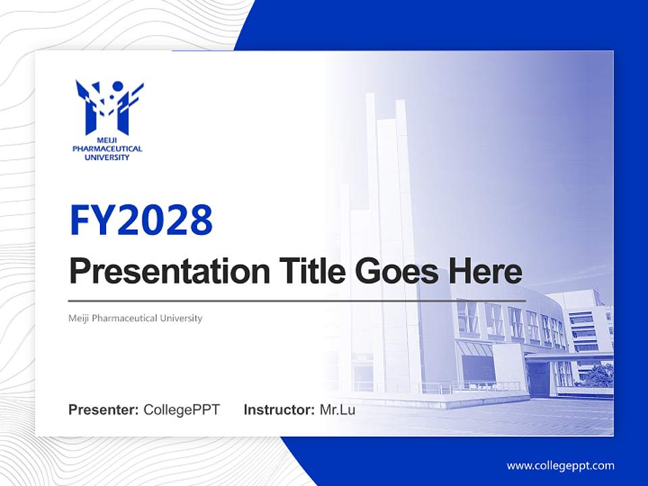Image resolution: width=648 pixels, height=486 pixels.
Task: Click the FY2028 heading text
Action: pyautogui.click(x=141, y=219)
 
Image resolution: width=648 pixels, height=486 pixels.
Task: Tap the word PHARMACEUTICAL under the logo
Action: pyautogui.click(x=107, y=149)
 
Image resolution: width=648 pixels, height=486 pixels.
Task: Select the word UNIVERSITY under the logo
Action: pyautogui.click(x=107, y=157)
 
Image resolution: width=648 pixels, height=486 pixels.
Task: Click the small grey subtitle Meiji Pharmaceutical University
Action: pyautogui.click(x=135, y=318)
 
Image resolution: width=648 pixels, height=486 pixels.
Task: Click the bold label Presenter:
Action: pyautogui.click(x=104, y=410)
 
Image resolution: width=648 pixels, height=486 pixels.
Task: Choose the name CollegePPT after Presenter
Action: pyautogui.click(x=182, y=410)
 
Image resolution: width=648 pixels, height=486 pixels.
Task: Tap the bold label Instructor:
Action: pyautogui.click(x=279, y=410)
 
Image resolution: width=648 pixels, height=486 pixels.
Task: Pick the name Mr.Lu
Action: pyautogui.click(x=337, y=410)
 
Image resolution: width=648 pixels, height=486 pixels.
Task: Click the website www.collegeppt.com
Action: pyautogui.click(x=560, y=466)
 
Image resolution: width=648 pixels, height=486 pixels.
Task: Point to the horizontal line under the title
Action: pyautogui.click(x=297, y=300)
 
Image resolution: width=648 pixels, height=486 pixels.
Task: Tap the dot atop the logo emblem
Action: pyautogui.click(x=118, y=86)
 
